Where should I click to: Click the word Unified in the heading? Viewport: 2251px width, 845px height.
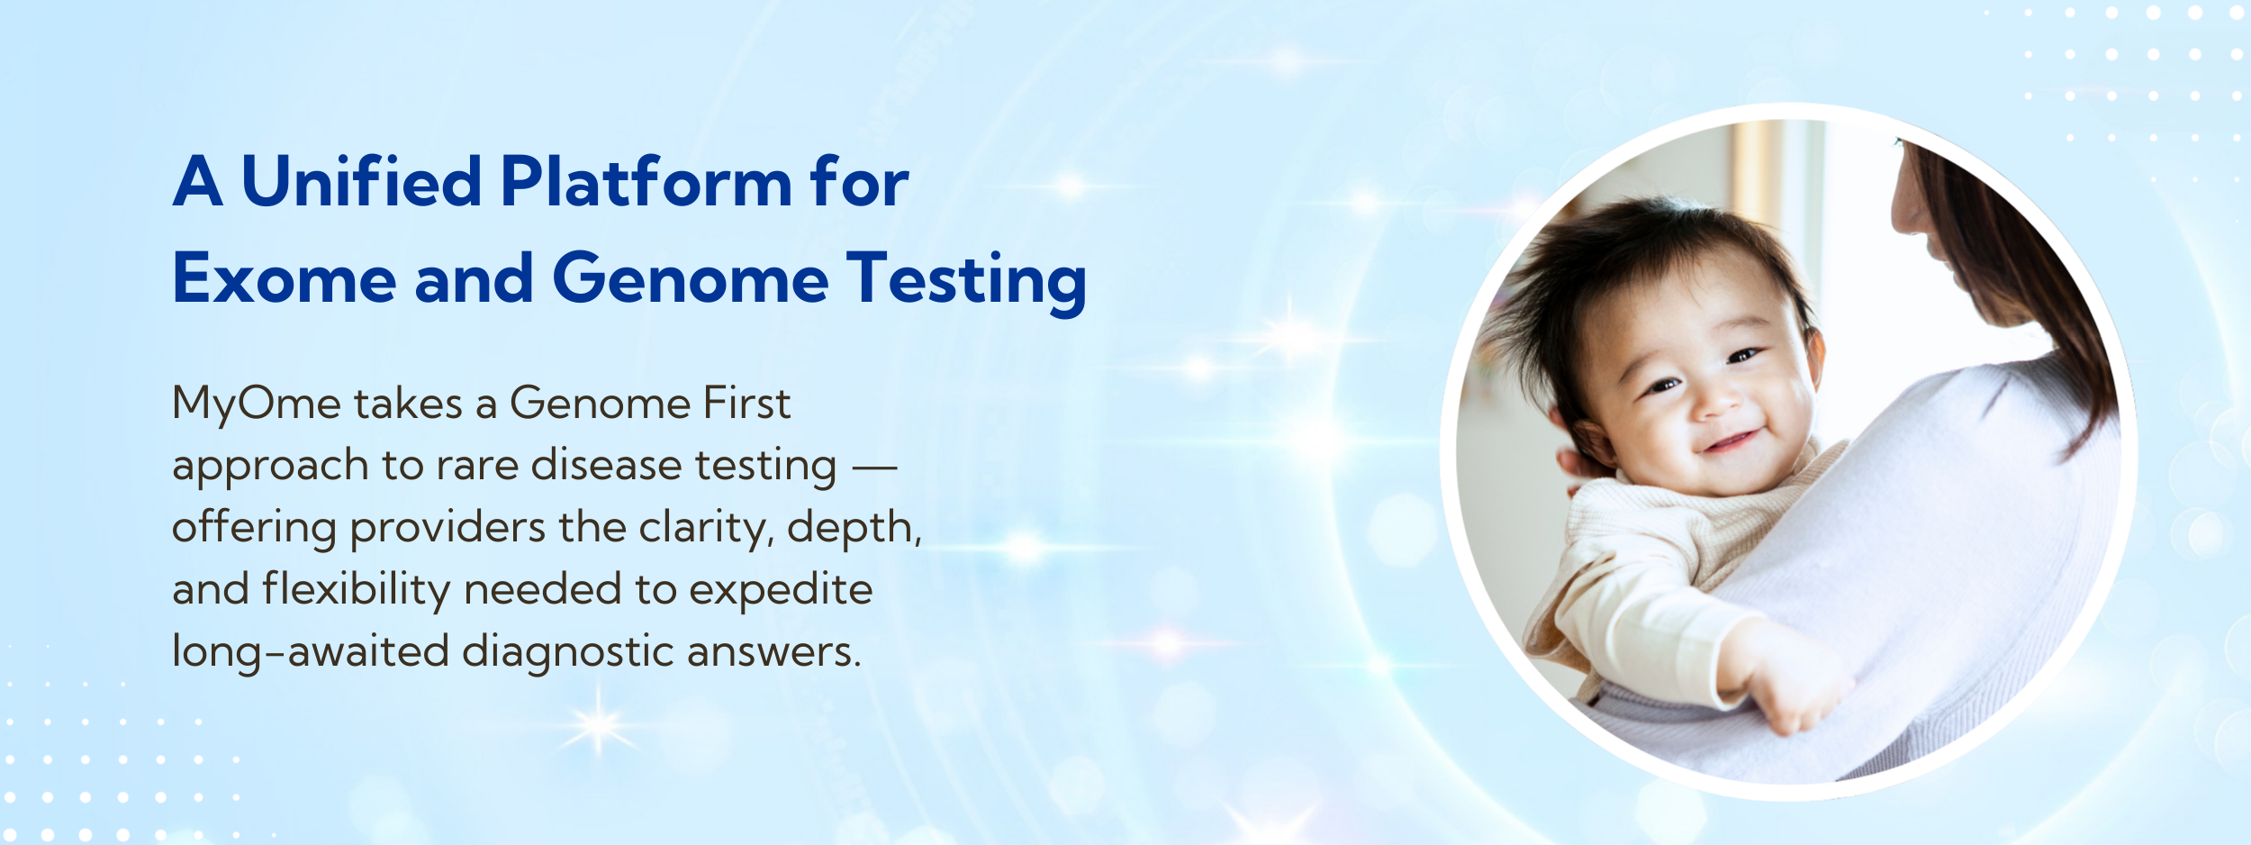[x=362, y=180]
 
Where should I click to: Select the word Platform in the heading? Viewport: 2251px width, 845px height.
[x=646, y=180]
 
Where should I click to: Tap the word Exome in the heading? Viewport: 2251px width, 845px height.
[x=285, y=278]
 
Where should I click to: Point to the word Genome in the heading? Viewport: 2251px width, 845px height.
[x=690, y=278]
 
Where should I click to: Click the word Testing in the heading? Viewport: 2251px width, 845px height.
[x=966, y=282]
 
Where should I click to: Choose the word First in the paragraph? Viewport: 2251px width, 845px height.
[x=746, y=403]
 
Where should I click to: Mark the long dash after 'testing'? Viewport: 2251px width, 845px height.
[x=874, y=468]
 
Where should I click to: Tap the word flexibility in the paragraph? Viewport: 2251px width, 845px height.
[x=356, y=591]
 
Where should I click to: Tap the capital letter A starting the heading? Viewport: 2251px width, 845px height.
[x=198, y=181]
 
